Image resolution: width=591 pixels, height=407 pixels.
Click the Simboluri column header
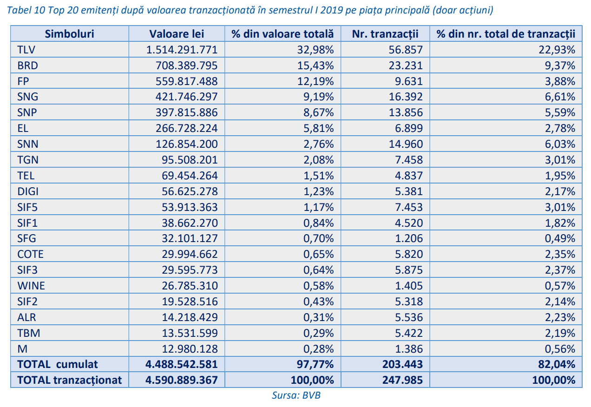click(x=69, y=34)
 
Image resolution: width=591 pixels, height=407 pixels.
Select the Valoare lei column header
click(x=177, y=34)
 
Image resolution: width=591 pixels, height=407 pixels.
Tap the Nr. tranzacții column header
click(x=385, y=34)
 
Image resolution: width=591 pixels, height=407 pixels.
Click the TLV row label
click(x=26, y=50)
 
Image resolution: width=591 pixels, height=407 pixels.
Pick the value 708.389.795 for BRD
click(x=186, y=66)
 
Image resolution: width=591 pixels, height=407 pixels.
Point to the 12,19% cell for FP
click(x=315, y=81)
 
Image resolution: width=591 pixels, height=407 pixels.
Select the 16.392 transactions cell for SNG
click(x=406, y=97)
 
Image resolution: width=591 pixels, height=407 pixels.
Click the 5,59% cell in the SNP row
click(x=560, y=112)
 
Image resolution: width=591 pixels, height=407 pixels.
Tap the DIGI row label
click(x=28, y=191)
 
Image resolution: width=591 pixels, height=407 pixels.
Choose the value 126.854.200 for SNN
click(x=186, y=144)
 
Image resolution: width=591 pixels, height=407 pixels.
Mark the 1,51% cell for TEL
click(x=318, y=176)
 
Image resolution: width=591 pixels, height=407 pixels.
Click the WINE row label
click(x=31, y=286)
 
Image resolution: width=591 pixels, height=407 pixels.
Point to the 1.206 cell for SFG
click(x=409, y=238)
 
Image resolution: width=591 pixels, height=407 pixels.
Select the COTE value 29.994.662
click(x=190, y=254)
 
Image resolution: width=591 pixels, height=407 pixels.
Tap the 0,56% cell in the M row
click(x=560, y=349)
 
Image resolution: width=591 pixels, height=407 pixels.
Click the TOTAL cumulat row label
click(x=58, y=364)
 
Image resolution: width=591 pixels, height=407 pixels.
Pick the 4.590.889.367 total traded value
click(x=182, y=380)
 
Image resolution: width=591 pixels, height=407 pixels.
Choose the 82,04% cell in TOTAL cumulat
click(x=557, y=364)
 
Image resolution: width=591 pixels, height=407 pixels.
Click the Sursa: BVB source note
click(x=296, y=395)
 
